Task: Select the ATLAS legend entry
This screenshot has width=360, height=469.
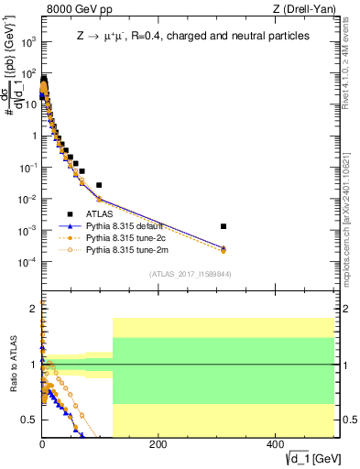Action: coord(101,213)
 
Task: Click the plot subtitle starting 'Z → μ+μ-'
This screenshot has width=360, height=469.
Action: coord(192,37)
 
